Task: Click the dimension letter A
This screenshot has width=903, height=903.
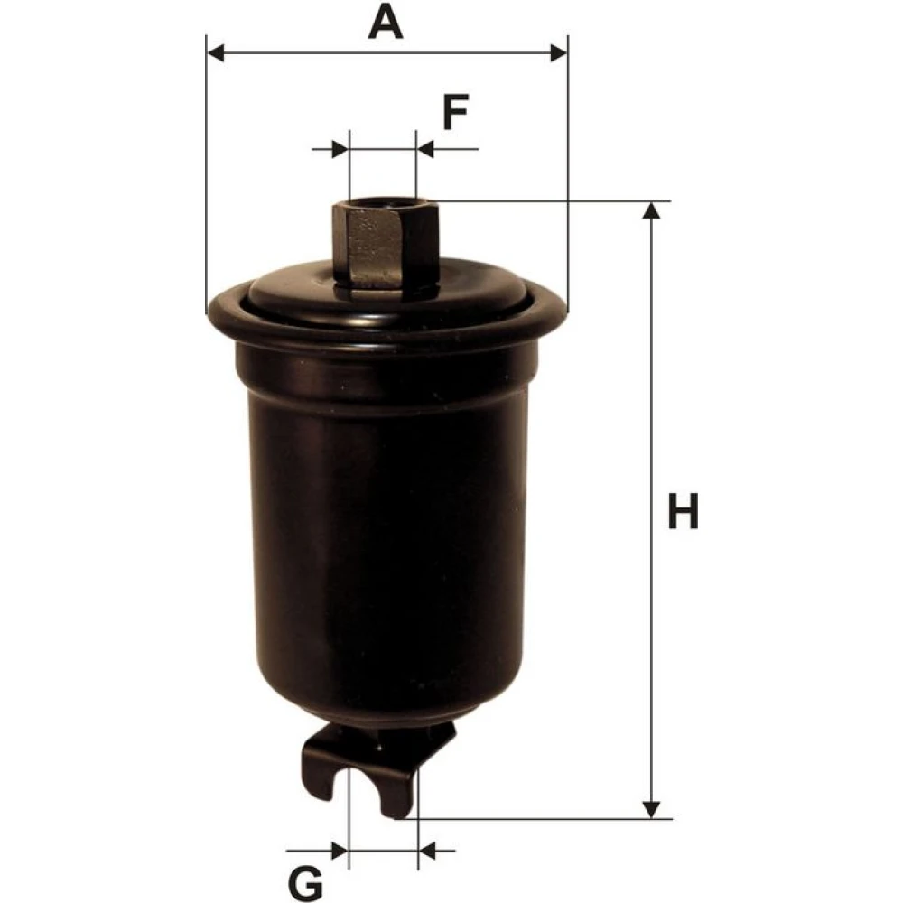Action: [386, 23]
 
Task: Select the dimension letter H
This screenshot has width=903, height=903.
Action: [683, 511]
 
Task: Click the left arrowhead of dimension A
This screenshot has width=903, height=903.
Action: [216, 53]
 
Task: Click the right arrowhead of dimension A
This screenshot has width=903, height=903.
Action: [559, 53]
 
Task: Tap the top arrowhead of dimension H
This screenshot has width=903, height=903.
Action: [651, 210]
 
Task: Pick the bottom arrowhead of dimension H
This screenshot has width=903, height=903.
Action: [651, 808]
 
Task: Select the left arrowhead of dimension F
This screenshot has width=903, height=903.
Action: [340, 150]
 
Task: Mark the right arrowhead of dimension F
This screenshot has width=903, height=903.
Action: [425, 150]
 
